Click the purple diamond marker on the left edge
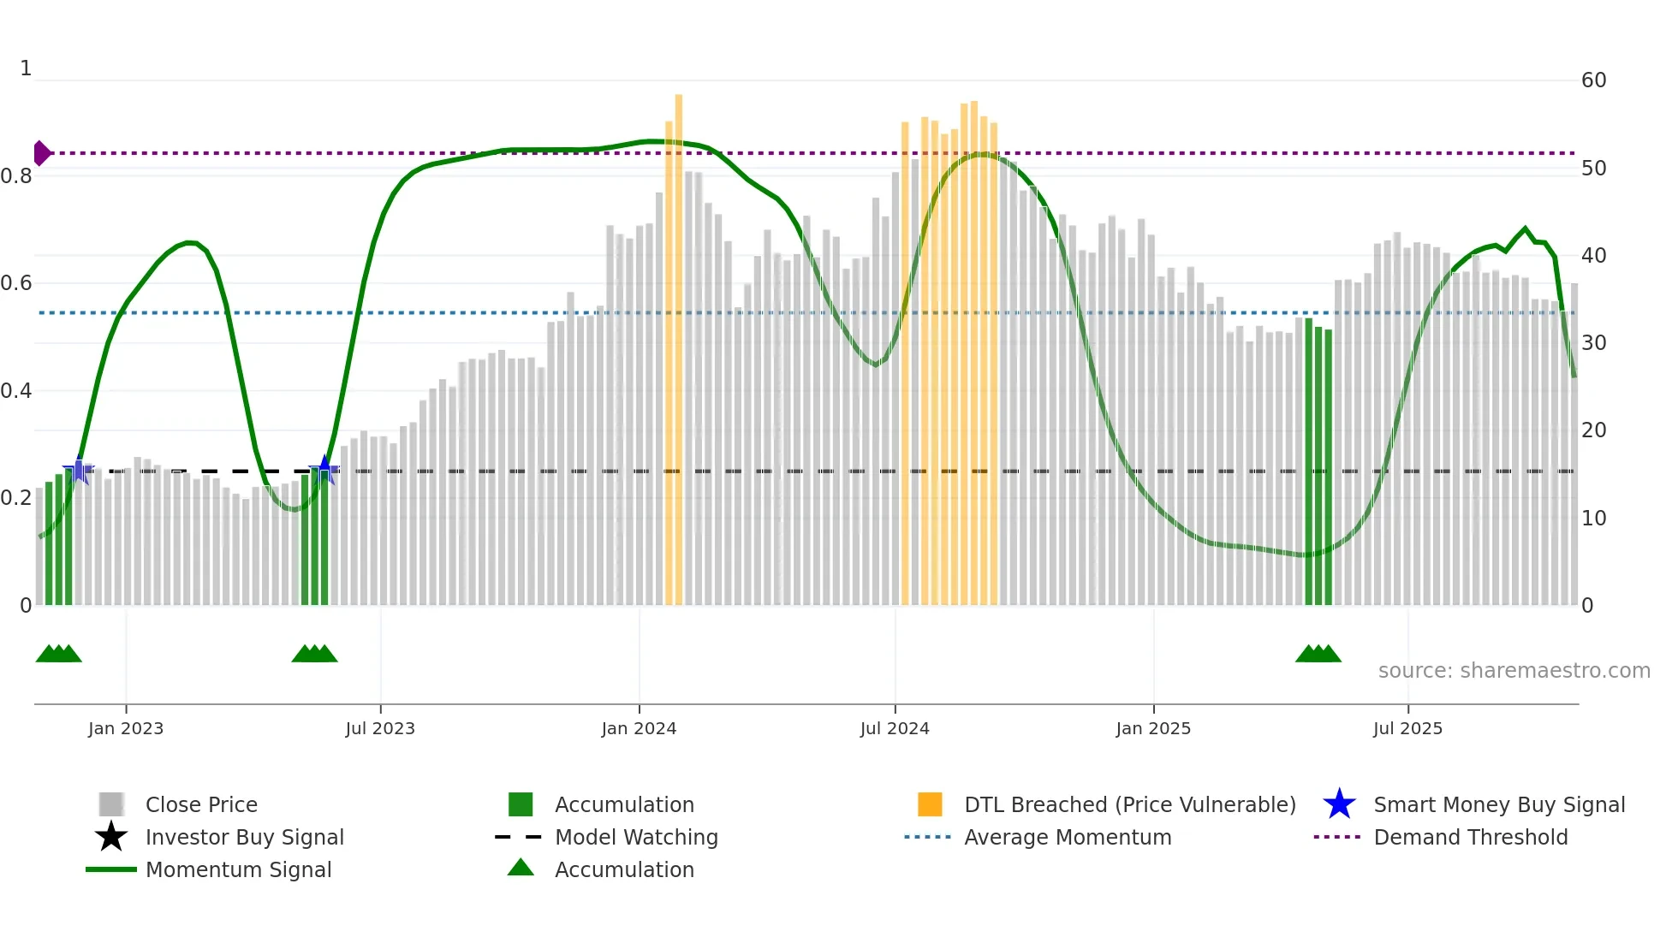click(41, 153)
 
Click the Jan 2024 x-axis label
click(639, 728)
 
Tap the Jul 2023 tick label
click(380, 728)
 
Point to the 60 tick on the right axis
click(1593, 80)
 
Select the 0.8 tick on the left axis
click(16, 176)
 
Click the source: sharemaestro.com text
click(1514, 670)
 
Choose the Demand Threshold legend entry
click(1470, 837)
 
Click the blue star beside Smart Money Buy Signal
click(1339, 804)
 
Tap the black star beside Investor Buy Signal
click(111, 837)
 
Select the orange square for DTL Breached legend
click(930, 804)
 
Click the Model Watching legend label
click(636, 837)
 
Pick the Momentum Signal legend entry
click(238, 869)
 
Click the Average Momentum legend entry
click(1067, 837)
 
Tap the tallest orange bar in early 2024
click(679, 342)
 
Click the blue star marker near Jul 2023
click(324, 469)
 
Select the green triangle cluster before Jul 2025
click(1318, 654)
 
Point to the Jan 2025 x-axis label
click(1153, 728)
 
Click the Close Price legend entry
click(201, 804)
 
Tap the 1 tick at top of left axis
click(26, 68)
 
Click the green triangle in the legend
click(521, 868)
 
